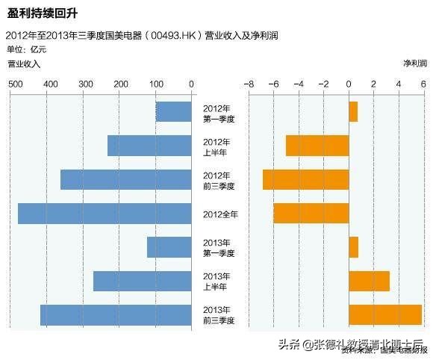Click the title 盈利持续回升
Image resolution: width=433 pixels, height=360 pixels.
coord(43,13)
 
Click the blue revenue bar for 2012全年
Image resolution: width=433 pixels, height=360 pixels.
coord(105,214)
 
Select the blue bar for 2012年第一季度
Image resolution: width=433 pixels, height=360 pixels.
coord(173,112)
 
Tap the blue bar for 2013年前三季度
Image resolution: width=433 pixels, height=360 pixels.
coord(116,314)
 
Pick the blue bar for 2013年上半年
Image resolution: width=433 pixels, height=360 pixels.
coord(142,281)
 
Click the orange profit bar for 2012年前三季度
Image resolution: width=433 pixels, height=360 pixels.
coord(305,179)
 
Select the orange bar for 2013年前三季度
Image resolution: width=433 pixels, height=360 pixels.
coord(384,314)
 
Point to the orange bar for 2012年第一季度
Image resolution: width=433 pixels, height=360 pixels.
coord(353,112)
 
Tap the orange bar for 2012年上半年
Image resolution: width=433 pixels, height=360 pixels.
coord(317,146)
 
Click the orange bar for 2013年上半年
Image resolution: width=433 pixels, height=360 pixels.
coord(369,281)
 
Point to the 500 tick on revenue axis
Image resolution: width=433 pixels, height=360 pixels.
coord(14,84)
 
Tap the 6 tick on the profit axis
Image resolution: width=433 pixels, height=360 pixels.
coord(423,84)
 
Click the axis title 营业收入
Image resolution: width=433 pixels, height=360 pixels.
coord(24,64)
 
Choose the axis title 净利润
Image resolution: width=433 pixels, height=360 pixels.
coord(414,64)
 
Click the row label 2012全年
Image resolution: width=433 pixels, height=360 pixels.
coord(220,214)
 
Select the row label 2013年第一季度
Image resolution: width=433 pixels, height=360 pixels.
coord(220,247)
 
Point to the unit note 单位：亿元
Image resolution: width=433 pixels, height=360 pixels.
coord(26,49)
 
